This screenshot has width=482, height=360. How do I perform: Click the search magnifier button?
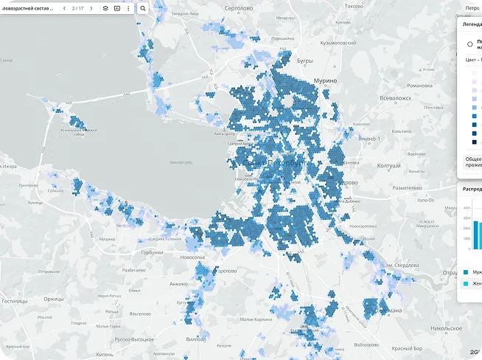point(143,8)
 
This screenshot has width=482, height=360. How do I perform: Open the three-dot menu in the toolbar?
point(128,8)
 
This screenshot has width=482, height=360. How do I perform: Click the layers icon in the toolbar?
point(105,8)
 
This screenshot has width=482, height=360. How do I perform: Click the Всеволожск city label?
point(395,98)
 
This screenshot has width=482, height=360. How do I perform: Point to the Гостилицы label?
point(15,301)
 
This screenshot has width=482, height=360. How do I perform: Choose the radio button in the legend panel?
point(470,44)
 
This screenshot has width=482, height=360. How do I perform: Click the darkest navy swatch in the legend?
point(474,142)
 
